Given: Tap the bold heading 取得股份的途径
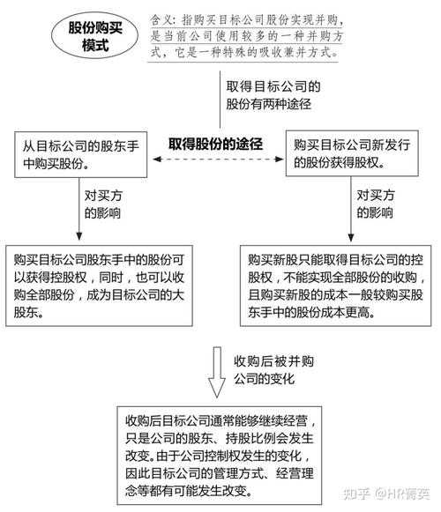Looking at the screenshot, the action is pos(215,144).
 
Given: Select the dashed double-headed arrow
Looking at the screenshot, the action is pos(218,159).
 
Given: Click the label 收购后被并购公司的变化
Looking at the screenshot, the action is pos(273,370).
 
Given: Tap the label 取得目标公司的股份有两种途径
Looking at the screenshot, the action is pos(273,95).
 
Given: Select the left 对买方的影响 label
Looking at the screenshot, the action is pos(103,204).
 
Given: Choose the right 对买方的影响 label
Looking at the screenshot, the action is pos(376,204).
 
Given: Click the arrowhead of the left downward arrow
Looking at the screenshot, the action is pos(79,236).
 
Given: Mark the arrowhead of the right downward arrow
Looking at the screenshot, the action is pos(351,237).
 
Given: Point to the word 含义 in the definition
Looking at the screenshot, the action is pos(161,20).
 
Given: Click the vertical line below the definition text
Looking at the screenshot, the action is pos(220,100).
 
